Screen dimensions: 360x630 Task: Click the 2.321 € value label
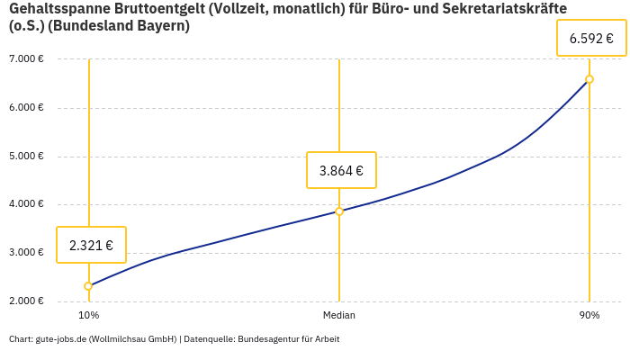[91, 245]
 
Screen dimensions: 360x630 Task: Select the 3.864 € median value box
[341, 170]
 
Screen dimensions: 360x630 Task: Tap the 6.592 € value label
[591, 39]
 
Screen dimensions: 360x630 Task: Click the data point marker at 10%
[88, 286]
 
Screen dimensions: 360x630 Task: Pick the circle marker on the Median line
[339, 211]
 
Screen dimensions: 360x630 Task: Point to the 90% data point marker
[589, 79]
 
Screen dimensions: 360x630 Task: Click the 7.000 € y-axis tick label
[26, 59]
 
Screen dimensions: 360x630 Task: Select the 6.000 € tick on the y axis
[26, 108]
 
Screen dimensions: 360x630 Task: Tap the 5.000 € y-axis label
[26, 156]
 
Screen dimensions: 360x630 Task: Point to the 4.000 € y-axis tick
[26, 204]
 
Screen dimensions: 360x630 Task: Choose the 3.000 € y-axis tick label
[26, 253]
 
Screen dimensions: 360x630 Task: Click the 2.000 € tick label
[26, 301]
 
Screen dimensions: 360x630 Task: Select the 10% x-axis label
[88, 316]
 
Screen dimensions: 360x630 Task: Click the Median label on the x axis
[339, 316]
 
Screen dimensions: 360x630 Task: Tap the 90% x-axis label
[589, 316]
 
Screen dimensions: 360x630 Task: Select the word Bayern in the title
[162, 26]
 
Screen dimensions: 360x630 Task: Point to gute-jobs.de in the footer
[60, 339]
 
